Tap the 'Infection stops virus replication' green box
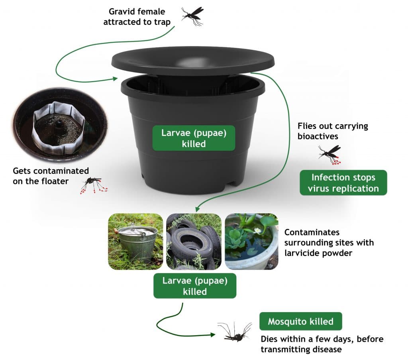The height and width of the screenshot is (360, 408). [343, 183]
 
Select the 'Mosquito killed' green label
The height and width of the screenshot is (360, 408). [300, 321]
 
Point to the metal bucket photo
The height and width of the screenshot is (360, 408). [135, 242]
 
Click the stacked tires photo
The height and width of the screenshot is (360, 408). [194, 242]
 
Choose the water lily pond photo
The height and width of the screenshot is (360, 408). [251, 242]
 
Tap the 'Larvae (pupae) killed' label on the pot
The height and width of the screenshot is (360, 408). [194, 138]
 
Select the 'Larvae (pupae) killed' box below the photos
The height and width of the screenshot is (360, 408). [195, 286]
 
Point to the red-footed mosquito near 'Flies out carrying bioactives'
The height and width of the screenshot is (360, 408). [330, 153]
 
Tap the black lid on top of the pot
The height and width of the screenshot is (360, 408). [193, 60]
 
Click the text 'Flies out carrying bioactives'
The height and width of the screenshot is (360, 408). [332, 131]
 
